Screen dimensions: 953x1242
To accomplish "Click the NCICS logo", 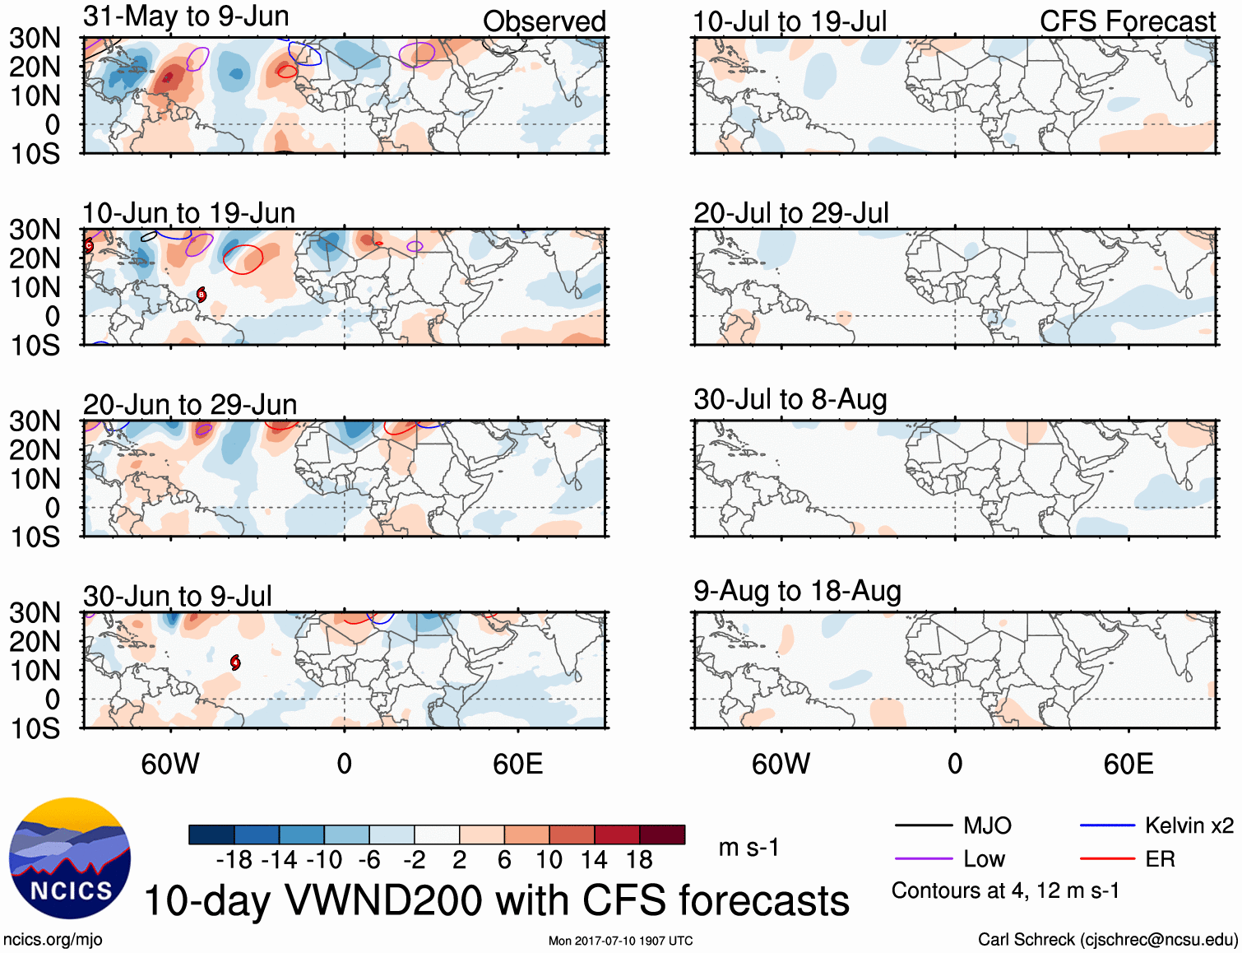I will point(70,858).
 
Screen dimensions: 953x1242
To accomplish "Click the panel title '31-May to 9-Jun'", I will point(186,16).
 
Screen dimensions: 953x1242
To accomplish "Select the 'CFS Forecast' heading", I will point(1127,21).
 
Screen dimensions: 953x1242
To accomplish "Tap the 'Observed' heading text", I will point(544,21).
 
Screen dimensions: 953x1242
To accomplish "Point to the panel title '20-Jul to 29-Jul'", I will point(790,213).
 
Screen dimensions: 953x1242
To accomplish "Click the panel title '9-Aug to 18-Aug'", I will point(797,591).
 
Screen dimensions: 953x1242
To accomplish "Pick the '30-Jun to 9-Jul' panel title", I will point(177,596).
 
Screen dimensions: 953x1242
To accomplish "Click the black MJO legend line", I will point(924,825).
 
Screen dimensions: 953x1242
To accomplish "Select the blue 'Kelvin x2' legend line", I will point(1107,825).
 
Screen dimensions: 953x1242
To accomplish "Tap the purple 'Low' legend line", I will point(924,859).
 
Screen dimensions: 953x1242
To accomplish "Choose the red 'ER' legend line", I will point(1107,859).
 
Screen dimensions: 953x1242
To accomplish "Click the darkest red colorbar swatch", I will point(662,834).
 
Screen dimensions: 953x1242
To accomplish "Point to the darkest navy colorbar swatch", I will point(211,834).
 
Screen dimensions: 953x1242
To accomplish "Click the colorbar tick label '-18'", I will point(234,860).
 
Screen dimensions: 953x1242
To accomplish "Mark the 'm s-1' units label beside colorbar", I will point(748,848).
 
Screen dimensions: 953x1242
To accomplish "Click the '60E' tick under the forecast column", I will point(1128,764).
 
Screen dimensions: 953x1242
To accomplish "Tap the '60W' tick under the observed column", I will point(170,764).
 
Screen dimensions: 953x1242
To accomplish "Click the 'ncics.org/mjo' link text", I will point(53,940).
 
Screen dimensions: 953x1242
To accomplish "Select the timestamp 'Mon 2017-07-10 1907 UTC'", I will point(620,941).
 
